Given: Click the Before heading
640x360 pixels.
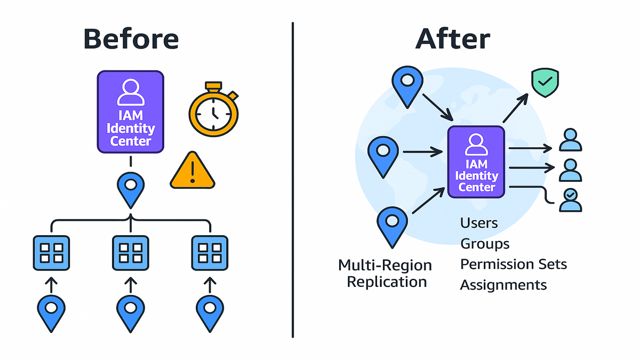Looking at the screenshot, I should click(x=131, y=39).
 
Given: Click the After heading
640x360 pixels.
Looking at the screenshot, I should click(x=453, y=39).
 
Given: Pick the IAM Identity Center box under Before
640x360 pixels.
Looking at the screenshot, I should click(x=130, y=111).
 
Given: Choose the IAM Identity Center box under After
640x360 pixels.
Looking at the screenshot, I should click(x=477, y=162).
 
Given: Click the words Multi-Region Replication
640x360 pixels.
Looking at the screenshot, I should click(x=385, y=273).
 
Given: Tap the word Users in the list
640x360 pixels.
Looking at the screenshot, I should click(x=479, y=222).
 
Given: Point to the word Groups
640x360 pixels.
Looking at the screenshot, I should click(x=485, y=243).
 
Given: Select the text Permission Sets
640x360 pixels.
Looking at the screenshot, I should click(x=514, y=264).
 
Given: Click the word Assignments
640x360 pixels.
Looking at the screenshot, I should click(x=503, y=285).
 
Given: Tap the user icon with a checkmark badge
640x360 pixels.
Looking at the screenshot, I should click(x=570, y=200).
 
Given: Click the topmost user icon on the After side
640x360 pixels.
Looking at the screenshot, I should click(x=570, y=140).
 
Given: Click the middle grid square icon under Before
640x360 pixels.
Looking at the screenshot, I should click(x=130, y=253).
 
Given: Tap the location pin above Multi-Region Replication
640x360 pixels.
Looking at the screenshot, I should click(x=393, y=226).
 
